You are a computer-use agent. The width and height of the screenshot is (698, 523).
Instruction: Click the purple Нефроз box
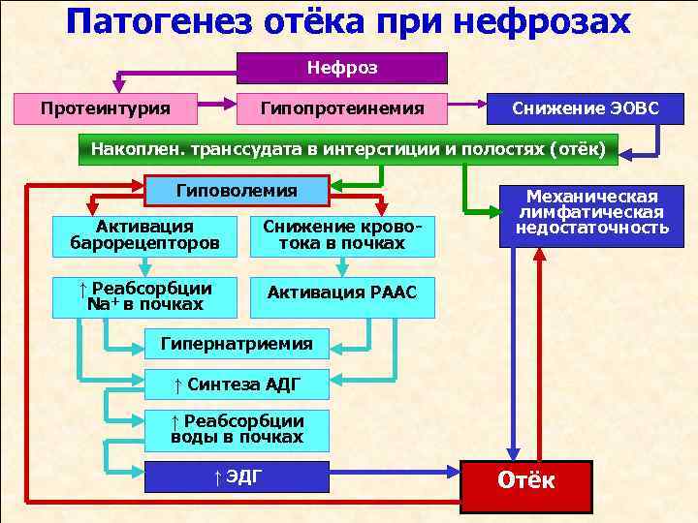coord(342,68)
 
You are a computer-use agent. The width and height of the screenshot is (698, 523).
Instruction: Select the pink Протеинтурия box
coord(106,108)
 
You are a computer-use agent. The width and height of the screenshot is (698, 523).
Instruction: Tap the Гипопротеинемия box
coord(342,108)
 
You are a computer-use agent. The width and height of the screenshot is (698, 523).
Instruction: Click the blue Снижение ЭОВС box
coord(587,108)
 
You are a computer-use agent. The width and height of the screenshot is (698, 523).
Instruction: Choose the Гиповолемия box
coord(237,190)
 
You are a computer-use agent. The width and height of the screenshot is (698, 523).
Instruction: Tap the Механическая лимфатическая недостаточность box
coord(591,213)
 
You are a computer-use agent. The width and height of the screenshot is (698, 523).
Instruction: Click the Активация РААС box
coord(342,292)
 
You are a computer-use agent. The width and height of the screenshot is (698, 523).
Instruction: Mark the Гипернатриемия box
coord(237,343)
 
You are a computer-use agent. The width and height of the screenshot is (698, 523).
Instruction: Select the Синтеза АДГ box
coord(237,385)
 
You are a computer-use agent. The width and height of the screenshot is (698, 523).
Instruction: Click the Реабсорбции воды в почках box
coord(237,429)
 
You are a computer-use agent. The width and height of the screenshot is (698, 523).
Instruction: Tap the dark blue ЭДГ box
coord(237,477)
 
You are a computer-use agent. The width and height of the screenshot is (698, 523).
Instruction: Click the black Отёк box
coord(525,481)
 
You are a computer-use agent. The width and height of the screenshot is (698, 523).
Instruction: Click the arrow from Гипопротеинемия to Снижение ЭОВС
coord(468,102)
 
